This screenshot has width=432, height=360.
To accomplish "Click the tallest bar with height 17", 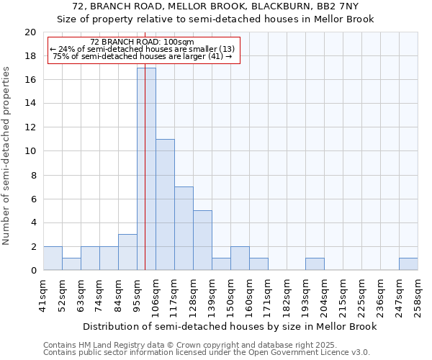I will (x=146, y=169).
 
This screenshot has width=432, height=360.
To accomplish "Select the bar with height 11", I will (x=165, y=204).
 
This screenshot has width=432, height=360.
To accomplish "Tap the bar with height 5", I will (x=202, y=240).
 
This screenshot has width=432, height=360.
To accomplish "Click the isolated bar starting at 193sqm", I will (x=315, y=264).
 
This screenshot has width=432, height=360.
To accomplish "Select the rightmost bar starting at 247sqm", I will (x=408, y=264).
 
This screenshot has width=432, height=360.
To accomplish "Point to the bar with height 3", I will (x=127, y=252).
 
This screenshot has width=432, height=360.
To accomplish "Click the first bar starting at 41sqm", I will (x=53, y=258).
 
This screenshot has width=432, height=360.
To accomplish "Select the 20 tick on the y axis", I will (x=30, y=32).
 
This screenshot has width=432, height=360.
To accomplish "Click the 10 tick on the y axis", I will (x=30, y=151).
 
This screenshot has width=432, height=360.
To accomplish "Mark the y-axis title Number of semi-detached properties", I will (x=7, y=156).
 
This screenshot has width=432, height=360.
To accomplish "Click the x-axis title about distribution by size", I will (x=230, y=326).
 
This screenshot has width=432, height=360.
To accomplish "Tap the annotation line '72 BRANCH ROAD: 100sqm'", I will (x=143, y=42).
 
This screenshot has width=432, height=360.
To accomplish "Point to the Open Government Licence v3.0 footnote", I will (x=310, y=353).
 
